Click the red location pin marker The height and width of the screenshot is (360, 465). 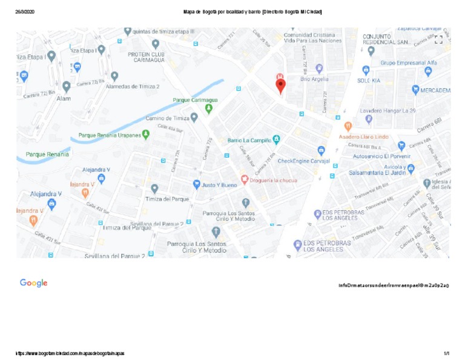(280, 85)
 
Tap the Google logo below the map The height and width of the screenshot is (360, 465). (33, 283)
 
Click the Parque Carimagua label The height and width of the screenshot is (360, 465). (195, 100)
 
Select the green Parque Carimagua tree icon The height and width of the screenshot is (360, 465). (209, 109)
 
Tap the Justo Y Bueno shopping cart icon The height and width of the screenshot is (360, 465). (196, 184)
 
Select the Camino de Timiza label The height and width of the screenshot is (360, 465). (168, 118)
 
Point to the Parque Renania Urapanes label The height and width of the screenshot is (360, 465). (110, 135)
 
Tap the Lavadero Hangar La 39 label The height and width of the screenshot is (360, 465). (387, 111)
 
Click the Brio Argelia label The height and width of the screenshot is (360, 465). (314, 79)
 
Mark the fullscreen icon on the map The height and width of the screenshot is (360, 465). (438, 39)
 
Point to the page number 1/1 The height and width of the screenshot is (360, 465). (446, 353)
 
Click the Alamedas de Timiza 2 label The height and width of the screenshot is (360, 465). (133, 87)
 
